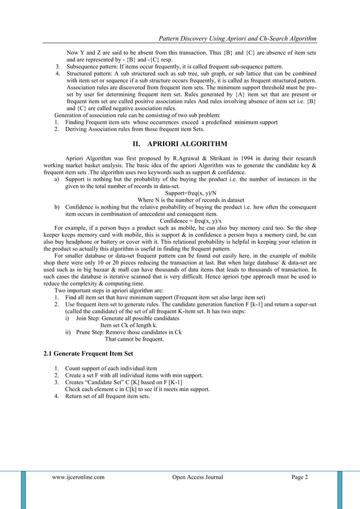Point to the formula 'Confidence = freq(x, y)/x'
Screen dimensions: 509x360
pos(191,221)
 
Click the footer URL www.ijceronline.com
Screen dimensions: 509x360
pos(78,477)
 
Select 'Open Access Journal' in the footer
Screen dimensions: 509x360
pos(197,477)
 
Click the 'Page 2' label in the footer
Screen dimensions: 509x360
pos(300,477)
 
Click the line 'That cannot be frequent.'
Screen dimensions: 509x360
pos(134,339)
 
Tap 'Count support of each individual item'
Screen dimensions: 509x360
pos(107,368)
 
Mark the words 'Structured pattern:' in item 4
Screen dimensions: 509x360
pos(91,74)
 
